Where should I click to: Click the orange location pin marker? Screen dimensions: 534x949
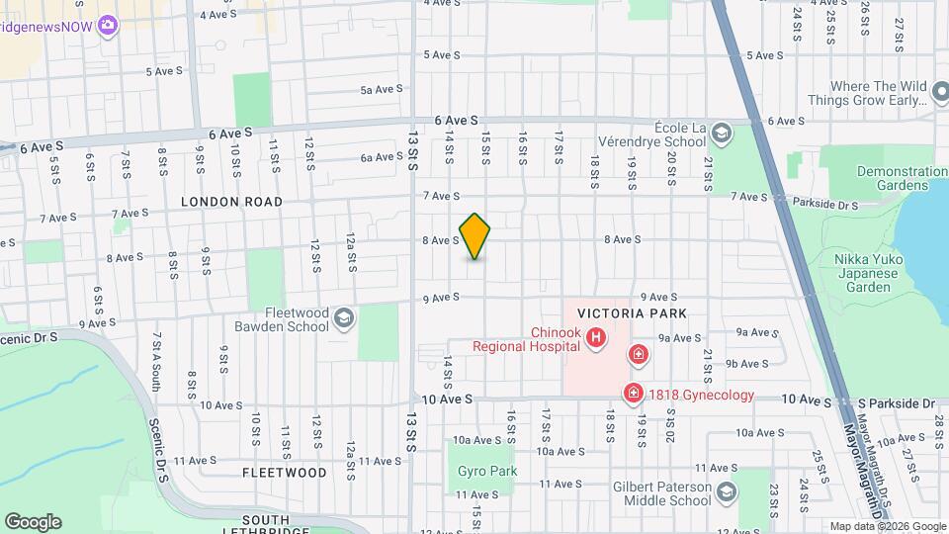tap(474, 236)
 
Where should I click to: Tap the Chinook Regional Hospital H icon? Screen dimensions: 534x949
tap(596, 339)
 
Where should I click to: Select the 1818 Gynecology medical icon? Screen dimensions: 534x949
tap(633, 395)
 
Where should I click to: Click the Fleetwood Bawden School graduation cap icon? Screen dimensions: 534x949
tap(343, 318)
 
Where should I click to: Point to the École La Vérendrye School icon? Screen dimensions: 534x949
tap(722, 133)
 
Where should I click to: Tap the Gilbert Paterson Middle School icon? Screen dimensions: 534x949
tap(727, 492)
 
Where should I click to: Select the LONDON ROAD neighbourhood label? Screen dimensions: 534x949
tap(231, 202)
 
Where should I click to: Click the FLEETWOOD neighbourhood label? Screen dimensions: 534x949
tap(285, 473)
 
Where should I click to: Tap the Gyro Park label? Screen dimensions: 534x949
tap(487, 471)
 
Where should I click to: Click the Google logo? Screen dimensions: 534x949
tap(33, 522)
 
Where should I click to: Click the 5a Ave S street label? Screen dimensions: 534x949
tap(382, 89)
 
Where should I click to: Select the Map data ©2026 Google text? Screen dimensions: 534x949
tap(887, 526)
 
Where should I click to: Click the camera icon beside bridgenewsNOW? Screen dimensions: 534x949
tap(108, 24)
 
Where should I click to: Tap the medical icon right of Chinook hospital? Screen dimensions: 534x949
tap(640, 354)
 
